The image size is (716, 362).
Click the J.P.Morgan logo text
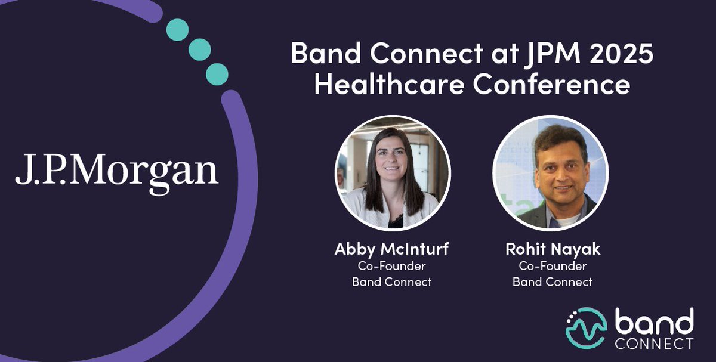(x=117, y=172)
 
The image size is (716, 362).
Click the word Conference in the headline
(x=551, y=84)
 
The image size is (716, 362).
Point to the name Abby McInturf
(x=391, y=249)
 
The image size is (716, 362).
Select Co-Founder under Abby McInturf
(x=391, y=266)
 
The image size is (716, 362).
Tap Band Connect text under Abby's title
(x=391, y=282)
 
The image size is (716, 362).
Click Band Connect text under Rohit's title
(x=553, y=282)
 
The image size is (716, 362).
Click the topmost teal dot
(x=177, y=30)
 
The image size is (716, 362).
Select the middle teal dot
(x=199, y=50)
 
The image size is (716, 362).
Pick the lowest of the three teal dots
(x=217, y=73)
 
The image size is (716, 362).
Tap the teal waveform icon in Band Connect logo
(x=586, y=328)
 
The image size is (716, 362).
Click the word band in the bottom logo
(x=655, y=322)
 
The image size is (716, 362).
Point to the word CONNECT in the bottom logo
(x=655, y=344)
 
